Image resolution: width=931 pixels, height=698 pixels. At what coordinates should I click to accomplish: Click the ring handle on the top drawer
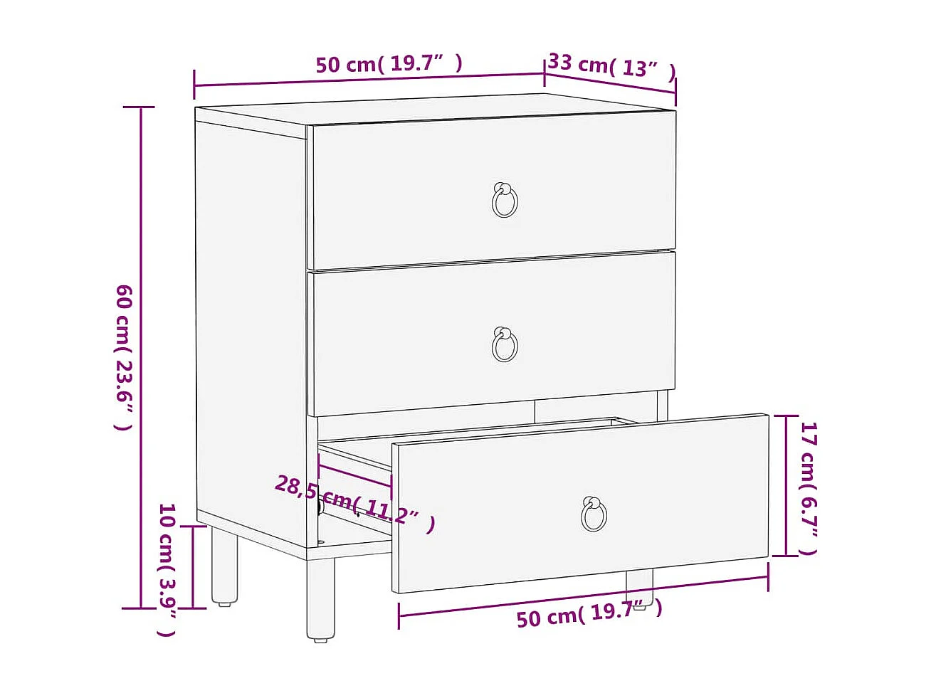click(505, 200)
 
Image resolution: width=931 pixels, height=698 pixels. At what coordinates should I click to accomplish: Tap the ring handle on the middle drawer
click(505, 345)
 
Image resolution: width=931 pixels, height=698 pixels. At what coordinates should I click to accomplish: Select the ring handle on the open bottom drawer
click(594, 514)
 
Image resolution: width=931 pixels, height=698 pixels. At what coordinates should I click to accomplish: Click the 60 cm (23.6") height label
click(123, 357)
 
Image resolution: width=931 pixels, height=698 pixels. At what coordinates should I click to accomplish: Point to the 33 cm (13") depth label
click(611, 66)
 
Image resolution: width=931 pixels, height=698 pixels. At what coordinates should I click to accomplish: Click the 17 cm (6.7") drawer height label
click(809, 488)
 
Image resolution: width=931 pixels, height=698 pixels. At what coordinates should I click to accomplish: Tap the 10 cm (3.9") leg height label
click(167, 569)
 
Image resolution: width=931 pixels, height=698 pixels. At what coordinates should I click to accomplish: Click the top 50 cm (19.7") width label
click(389, 64)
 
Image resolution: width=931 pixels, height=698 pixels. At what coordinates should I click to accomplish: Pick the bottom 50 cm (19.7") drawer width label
click(589, 613)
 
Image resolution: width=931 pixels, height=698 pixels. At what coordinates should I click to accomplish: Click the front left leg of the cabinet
click(320, 598)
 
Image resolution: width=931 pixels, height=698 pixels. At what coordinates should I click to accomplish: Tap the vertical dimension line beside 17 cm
click(786, 485)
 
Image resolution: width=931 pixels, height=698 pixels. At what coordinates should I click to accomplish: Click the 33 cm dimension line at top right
click(611, 82)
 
